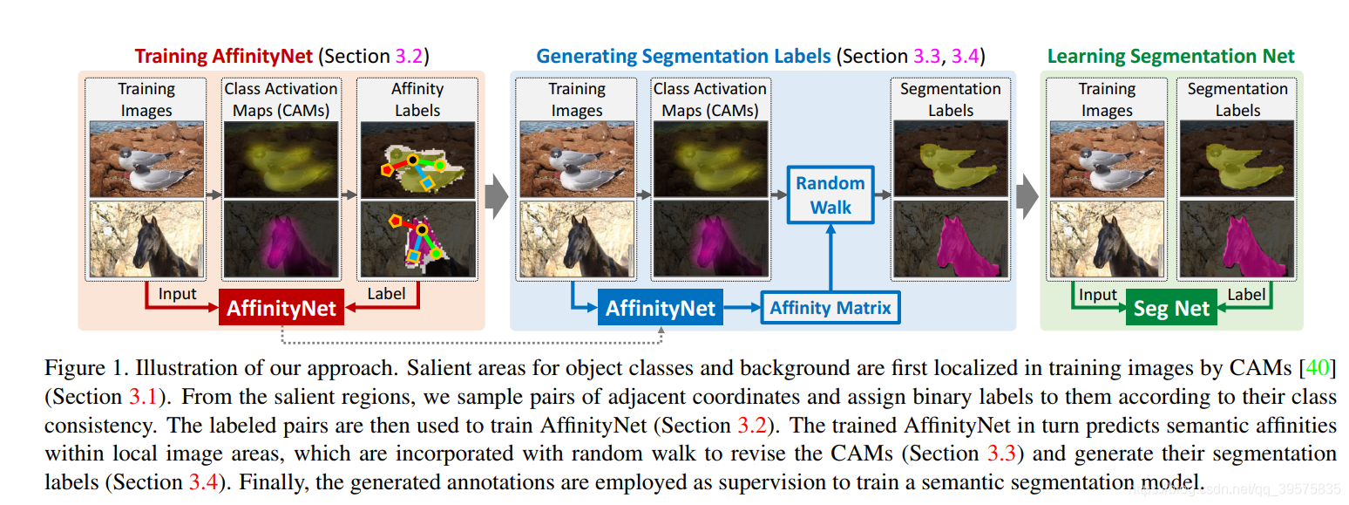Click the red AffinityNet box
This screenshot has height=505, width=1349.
[281, 308]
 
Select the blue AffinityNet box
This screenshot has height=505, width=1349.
[660, 308]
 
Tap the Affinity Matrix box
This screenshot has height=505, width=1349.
[830, 308]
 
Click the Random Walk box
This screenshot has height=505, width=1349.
[830, 195]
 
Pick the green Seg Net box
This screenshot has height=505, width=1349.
[1171, 308]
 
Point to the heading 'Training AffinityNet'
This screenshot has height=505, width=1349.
[223, 57]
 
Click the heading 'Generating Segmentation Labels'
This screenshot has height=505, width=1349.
[682, 57]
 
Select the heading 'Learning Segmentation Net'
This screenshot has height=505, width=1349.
[1170, 57]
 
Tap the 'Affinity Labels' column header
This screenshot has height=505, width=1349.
[417, 99]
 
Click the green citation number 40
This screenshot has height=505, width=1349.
[1318, 368]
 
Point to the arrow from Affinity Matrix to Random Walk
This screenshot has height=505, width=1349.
[830, 258]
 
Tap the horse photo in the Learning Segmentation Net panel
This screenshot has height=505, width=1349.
[1107, 239]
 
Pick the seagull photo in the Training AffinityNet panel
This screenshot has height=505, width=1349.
[146, 158]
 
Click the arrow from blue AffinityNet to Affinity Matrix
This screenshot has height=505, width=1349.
[742, 308]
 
